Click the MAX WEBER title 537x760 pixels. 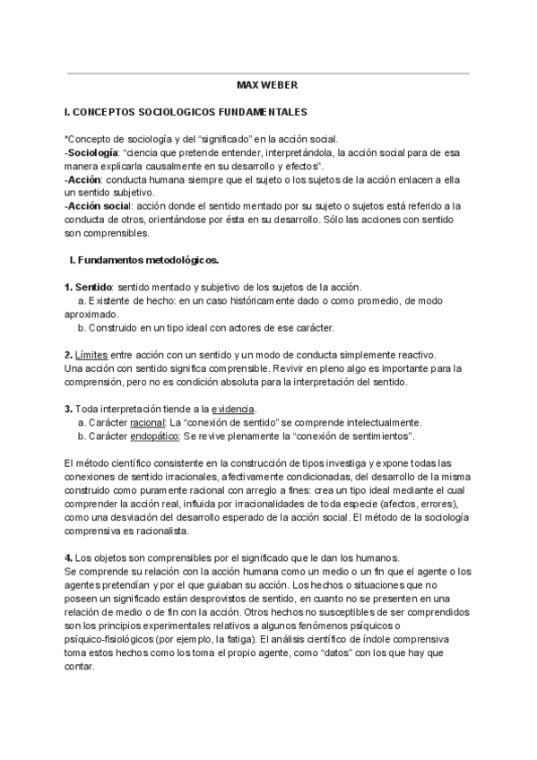[x=267, y=86]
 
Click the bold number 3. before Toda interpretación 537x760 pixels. [x=69, y=409]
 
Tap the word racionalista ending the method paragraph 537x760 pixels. [x=159, y=530]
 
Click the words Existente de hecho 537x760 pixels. [x=121, y=300]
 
